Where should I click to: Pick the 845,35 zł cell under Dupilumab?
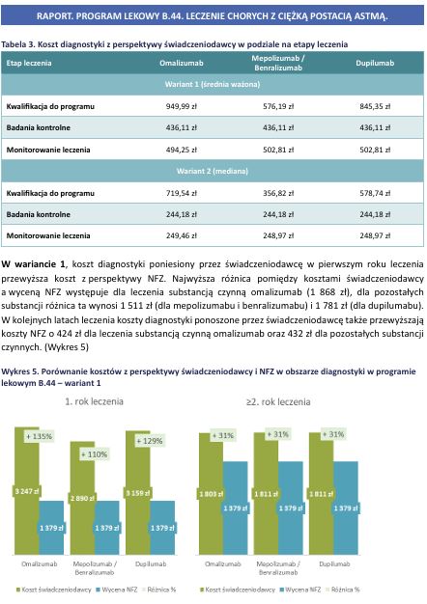(x=374, y=105)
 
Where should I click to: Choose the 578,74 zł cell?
(x=374, y=193)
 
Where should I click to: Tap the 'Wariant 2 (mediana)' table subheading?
(x=213, y=172)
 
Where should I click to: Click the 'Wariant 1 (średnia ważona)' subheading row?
(x=213, y=84)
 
